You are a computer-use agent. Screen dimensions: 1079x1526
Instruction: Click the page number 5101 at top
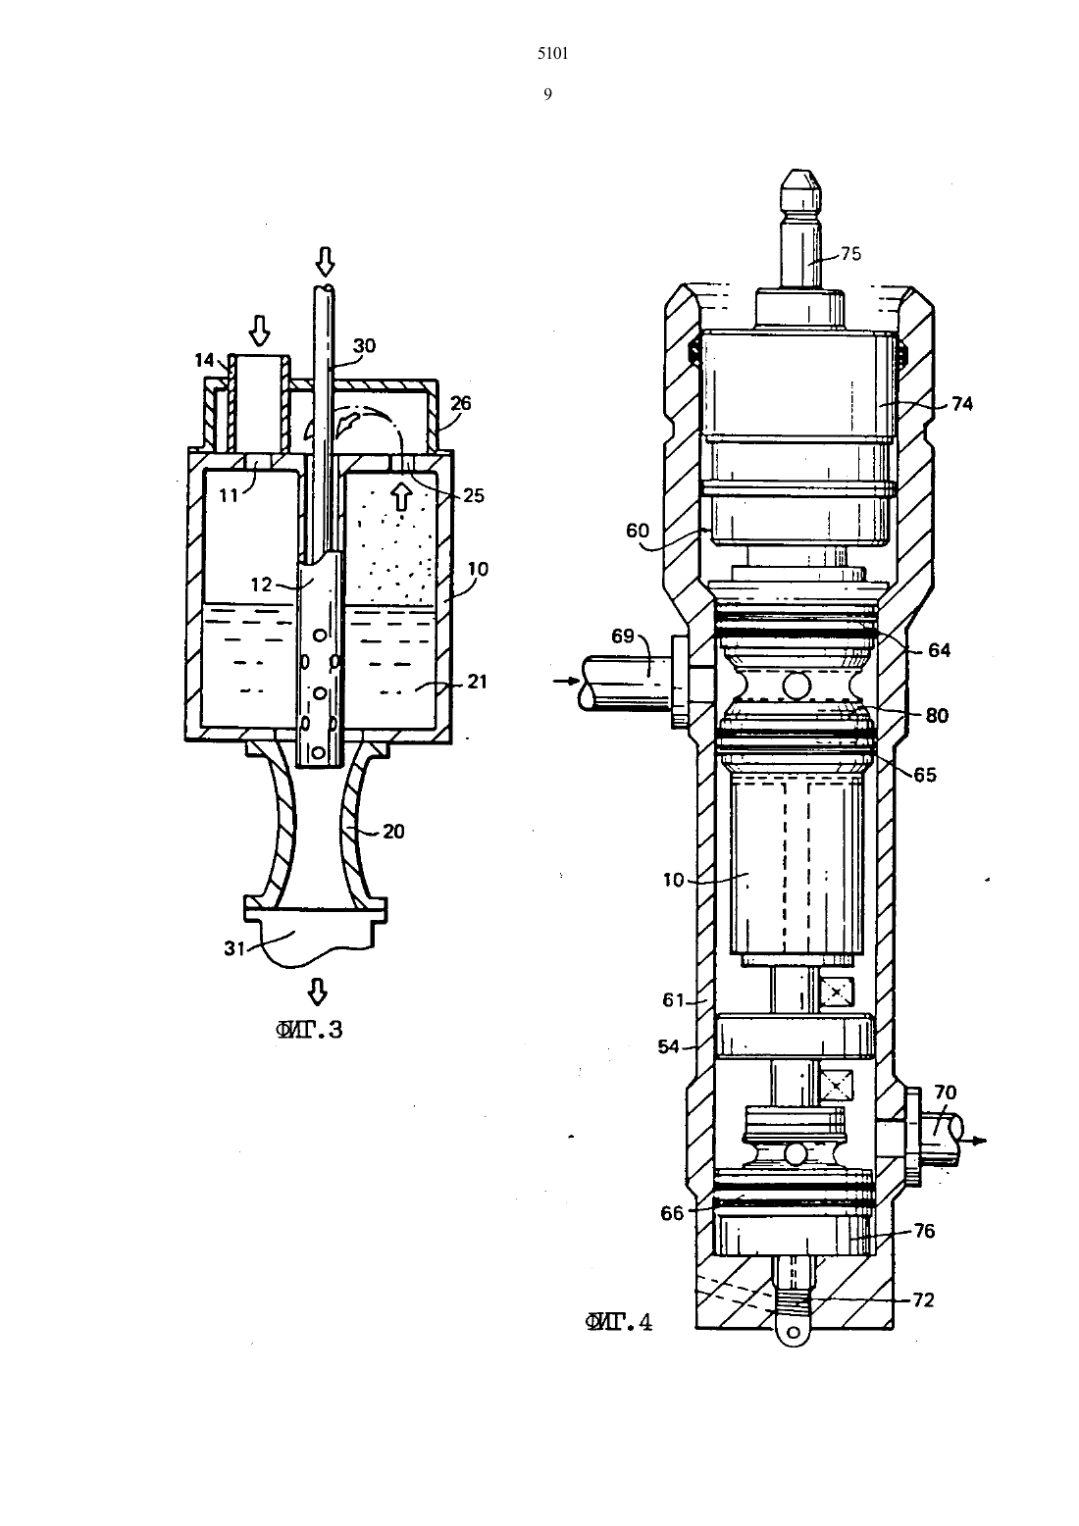tap(552, 54)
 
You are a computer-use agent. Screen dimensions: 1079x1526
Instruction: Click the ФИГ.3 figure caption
tap(309, 1030)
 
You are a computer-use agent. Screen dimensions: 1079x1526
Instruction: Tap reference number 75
tap(850, 253)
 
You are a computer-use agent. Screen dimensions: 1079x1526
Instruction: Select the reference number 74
tap(962, 404)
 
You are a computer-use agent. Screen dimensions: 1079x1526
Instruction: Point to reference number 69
tap(623, 636)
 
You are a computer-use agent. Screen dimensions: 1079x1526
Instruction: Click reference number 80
tap(938, 715)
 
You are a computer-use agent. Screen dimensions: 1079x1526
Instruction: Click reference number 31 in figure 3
tap(234, 947)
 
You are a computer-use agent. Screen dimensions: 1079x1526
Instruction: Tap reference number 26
tap(460, 403)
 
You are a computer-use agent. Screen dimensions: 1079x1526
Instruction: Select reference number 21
tap(477, 682)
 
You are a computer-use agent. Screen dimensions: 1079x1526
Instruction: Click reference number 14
tap(204, 360)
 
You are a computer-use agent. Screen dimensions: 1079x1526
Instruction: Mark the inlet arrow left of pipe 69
tap(566, 680)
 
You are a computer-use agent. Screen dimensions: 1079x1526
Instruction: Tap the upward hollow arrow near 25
tap(402, 496)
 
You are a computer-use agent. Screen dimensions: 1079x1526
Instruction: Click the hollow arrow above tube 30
tap(326, 261)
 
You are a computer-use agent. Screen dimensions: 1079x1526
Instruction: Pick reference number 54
tap(669, 1046)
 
